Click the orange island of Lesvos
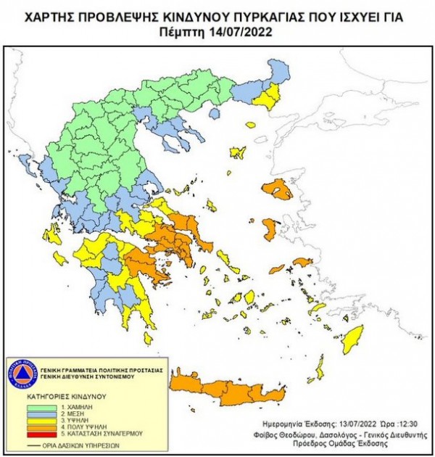(x=278, y=190)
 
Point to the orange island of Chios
(x=269, y=231)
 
